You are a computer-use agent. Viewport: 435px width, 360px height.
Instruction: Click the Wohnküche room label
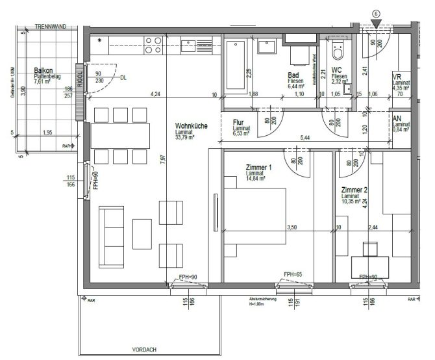[x=191, y=126]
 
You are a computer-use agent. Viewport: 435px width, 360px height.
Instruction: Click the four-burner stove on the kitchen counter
[x=153, y=45]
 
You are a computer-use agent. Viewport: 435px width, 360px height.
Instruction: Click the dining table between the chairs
[x=120, y=136]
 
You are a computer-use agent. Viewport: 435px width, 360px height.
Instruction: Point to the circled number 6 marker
[x=376, y=14]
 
